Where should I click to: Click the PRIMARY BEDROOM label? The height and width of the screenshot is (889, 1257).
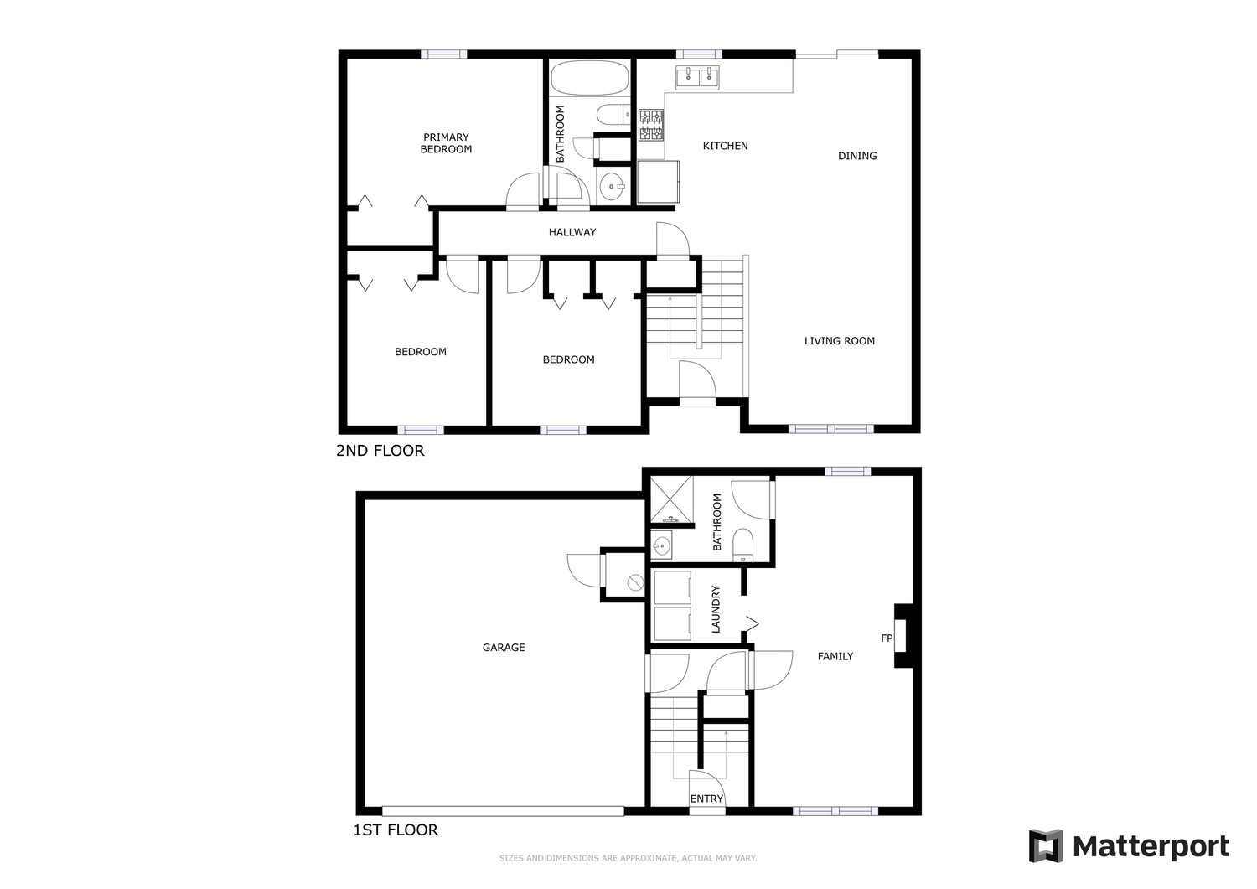(x=446, y=143)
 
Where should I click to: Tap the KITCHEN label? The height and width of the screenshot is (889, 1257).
(x=725, y=146)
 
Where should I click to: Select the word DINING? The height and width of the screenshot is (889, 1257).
(x=857, y=156)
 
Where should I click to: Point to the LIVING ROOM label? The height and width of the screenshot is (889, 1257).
(x=840, y=341)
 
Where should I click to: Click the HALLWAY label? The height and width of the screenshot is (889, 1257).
(x=572, y=232)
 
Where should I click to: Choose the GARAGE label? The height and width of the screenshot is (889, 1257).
(x=504, y=647)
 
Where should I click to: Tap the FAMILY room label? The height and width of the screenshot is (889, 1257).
(x=835, y=656)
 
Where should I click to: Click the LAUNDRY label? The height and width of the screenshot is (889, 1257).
(x=716, y=609)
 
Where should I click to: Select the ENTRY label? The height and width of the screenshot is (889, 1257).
(x=706, y=799)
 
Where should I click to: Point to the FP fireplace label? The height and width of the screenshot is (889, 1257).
(x=887, y=638)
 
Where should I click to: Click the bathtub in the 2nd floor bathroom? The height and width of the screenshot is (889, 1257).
(x=589, y=78)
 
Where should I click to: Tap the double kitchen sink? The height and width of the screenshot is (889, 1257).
(x=697, y=77)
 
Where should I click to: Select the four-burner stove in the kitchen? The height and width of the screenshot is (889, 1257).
(x=651, y=125)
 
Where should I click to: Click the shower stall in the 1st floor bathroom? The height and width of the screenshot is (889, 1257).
(x=672, y=499)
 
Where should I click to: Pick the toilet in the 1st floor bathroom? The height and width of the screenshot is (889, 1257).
(x=743, y=545)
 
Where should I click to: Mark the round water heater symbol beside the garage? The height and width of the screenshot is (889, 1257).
(x=635, y=582)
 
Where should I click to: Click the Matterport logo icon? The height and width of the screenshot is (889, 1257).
(x=1046, y=845)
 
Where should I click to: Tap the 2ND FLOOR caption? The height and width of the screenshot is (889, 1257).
(x=380, y=451)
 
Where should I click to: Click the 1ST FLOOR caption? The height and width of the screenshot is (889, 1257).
(x=395, y=830)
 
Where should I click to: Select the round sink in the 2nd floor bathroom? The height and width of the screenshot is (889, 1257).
(x=611, y=186)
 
